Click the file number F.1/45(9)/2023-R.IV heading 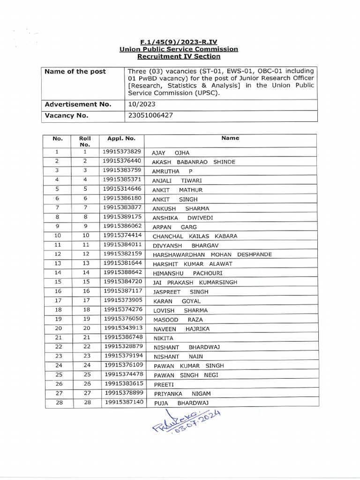pos(179,42)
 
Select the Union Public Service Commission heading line pos(179,49)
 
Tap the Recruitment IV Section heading pos(179,57)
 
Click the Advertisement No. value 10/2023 pos(140,105)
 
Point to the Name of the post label pos(75,72)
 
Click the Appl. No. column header pos(121,139)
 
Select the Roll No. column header pos(85,142)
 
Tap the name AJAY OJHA pos(171,153)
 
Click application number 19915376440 pos(122,161)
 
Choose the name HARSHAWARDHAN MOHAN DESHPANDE pos(212,255)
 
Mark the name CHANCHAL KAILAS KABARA pos(195,236)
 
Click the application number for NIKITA pos(123,337)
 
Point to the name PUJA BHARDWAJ pos(181,403)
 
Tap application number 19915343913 pos(123,328)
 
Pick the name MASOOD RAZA pos(178,320)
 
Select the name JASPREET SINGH pos(180,292)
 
